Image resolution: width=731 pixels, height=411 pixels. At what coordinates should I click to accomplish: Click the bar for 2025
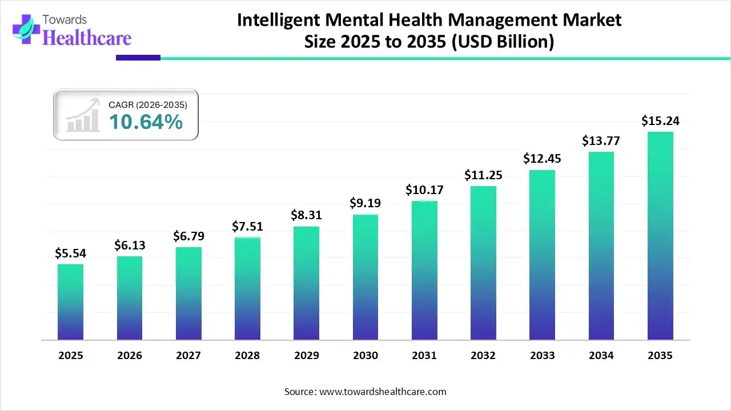point(70,302)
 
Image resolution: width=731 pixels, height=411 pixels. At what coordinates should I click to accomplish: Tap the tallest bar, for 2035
point(660,236)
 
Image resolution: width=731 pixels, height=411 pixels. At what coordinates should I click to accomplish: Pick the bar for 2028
point(247,288)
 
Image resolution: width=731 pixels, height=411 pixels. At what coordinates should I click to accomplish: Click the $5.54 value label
point(70,253)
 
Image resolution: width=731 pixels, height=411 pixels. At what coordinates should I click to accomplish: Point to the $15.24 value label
point(660,121)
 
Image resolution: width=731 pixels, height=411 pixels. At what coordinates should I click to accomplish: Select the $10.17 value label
point(424,190)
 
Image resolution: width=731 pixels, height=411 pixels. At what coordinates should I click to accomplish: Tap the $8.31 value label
point(306,216)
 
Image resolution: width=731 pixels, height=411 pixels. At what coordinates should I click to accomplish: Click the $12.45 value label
point(542,159)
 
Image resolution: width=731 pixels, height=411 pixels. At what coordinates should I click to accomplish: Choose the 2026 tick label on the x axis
point(130,356)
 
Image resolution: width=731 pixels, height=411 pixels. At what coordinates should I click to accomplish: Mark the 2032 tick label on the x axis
point(483,356)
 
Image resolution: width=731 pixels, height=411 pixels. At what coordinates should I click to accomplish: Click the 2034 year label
point(601,356)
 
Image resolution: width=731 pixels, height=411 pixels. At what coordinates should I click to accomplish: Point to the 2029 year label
point(306,356)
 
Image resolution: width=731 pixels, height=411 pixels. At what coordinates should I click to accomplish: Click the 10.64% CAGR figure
point(146,122)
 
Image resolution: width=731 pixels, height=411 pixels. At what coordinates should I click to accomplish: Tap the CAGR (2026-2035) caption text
point(148,104)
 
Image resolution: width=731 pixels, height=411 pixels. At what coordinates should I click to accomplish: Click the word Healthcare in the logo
point(87,38)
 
